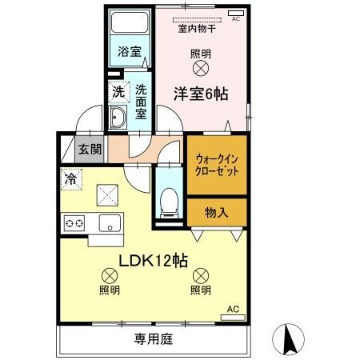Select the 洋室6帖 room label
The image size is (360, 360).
pos(202,93)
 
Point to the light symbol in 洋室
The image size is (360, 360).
pos(202,70)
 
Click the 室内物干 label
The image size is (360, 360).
pos(201,28)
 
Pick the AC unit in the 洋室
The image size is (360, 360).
pos(236,13)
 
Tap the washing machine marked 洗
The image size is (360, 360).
pos(118,93)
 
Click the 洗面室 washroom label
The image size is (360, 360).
pos(140,102)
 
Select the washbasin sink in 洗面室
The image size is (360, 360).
pos(118,121)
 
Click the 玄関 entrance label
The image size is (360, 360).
pos(89,149)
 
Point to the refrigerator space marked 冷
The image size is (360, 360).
pos(70,179)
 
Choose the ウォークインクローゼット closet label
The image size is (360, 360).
pos(216,164)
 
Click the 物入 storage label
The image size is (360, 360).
pos(216,212)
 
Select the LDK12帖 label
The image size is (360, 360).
pos(154,261)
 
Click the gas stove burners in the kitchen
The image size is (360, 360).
pos(74,222)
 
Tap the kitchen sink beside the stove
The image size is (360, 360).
pos(106,222)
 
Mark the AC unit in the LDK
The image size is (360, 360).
pos(233,316)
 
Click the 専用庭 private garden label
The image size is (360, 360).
pos(154,339)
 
